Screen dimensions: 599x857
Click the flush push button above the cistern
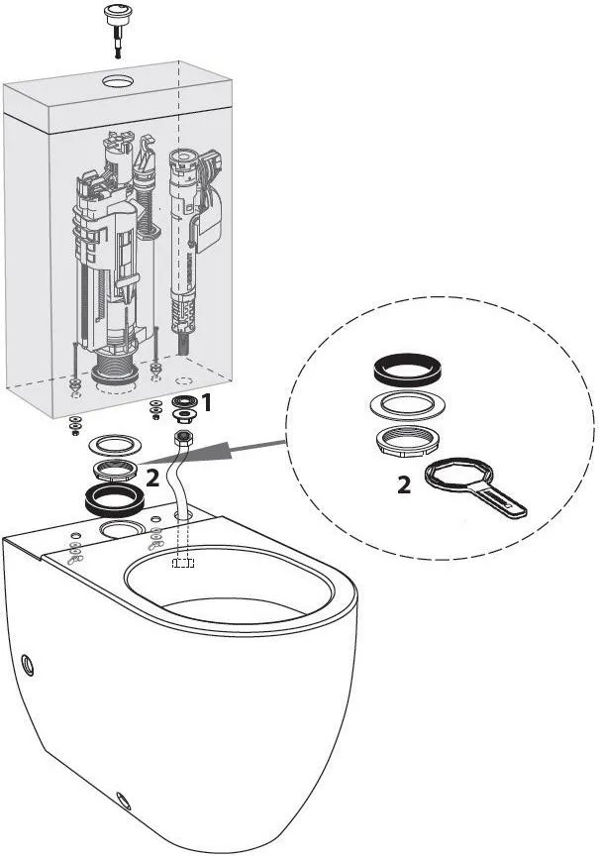click(116, 15)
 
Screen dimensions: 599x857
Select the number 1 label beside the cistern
click(206, 403)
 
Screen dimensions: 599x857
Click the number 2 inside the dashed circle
click(404, 485)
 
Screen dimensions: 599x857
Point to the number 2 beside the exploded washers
click(152, 480)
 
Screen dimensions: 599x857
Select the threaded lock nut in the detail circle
click(406, 441)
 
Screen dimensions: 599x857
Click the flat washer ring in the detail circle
click(406, 405)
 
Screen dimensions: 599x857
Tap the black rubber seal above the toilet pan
click(115, 499)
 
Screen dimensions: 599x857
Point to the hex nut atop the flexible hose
click(182, 438)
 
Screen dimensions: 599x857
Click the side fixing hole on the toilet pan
click(28, 665)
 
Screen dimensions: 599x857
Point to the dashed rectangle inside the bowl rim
click(183, 563)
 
